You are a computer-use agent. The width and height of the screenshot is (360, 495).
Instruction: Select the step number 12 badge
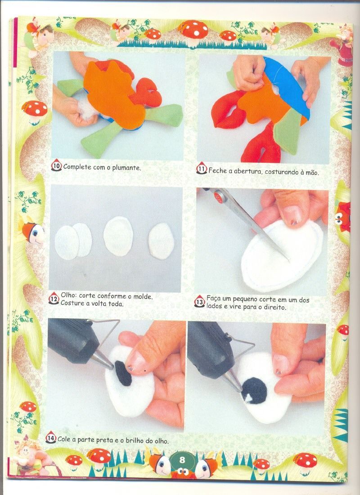[54, 299]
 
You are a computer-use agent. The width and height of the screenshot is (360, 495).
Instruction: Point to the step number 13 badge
[199, 301]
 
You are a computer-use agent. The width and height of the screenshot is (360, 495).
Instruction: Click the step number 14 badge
[50, 437]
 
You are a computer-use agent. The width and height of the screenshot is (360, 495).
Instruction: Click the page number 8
[182, 460]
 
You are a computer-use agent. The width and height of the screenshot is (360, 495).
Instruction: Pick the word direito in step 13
[275, 307]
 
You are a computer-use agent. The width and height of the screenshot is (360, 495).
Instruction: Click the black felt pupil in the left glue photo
[123, 373]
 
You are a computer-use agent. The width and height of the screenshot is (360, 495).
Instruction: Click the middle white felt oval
[118, 236]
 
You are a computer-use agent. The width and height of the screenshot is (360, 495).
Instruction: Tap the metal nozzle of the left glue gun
[103, 360]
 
